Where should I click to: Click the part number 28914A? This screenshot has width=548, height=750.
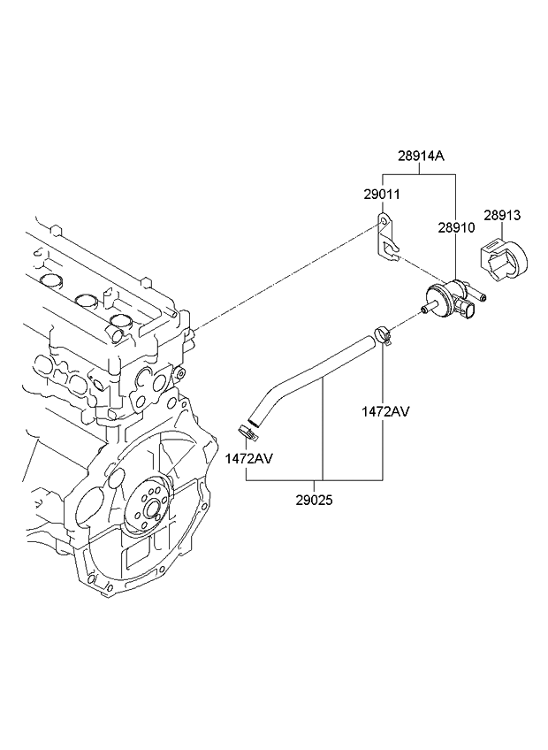pos(421,157)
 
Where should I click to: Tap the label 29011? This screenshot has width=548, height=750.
pos(381,192)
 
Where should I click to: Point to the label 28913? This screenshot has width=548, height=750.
pos(501,214)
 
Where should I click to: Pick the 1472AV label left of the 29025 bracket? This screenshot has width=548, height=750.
pos(248,458)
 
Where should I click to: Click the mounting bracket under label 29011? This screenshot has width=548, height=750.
pos(386,241)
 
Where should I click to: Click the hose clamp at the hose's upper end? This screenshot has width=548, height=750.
pos(382,334)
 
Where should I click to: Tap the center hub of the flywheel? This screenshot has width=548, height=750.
pos(150,509)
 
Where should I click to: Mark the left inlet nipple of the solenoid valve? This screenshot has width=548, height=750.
pos(428,309)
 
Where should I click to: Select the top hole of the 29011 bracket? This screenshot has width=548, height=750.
pos(381,222)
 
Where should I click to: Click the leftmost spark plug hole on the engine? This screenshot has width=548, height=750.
pos(51,282)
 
